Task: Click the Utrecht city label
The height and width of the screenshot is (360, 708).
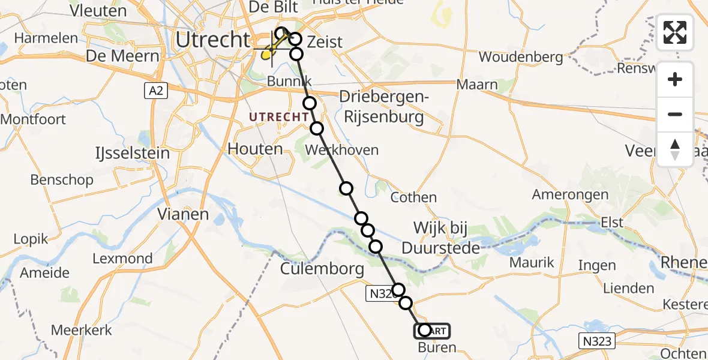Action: pos(212,40)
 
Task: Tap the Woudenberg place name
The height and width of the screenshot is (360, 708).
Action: pos(521,58)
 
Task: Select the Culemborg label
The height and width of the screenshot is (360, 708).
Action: pos(322,268)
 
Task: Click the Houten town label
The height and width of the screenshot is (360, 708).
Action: pos(255,149)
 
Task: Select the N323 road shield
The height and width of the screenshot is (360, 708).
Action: pos(596,341)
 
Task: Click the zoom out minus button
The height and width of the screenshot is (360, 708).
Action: pos(675,114)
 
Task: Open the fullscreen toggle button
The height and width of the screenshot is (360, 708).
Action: pos(675,32)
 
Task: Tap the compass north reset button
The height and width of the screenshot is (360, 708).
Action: pos(675,149)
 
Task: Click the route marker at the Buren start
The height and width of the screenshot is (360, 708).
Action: pos(425,330)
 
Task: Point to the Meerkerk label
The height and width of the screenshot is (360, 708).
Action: pos(81,329)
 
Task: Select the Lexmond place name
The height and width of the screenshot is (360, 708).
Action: pos(122,259)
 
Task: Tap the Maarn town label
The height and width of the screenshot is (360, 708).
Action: pos(477,85)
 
